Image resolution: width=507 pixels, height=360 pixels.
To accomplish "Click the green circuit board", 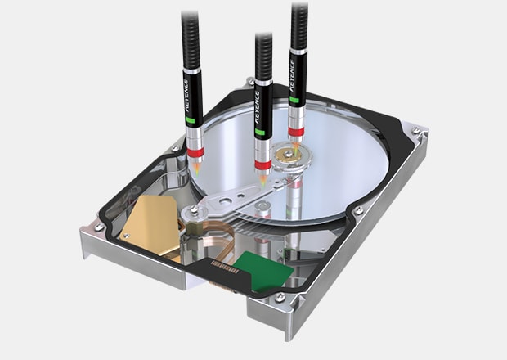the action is (x=263, y=270).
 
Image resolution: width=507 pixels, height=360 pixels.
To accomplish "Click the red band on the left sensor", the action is (x=195, y=152).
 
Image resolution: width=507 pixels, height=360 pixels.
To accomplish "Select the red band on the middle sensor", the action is (x=262, y=164).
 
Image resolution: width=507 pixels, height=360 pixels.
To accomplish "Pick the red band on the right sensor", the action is (x=296, y=132).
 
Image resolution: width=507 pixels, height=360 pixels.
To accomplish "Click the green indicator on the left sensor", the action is (x=190, y=120).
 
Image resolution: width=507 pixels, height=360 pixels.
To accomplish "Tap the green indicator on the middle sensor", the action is (x=260, y=132).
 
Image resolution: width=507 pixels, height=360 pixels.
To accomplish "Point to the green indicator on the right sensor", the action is (x=294, y=100).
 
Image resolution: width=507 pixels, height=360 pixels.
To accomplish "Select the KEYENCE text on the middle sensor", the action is (x=258, y=107).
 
